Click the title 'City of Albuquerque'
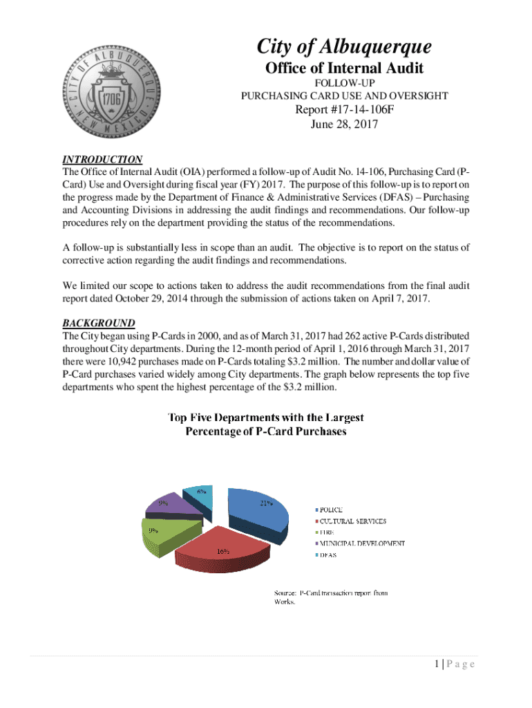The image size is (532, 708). pos(344,47)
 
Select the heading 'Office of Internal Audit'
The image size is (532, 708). pos(344,68)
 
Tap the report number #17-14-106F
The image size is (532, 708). pos(344,111)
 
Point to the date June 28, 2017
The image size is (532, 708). pos(344,126)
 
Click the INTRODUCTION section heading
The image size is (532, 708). pos(102,159)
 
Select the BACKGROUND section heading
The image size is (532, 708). pos(99,323)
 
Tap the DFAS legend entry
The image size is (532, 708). pos(327,555)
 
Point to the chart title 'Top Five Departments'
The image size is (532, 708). pos(266,418)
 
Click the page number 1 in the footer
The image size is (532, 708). pos(438,664)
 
